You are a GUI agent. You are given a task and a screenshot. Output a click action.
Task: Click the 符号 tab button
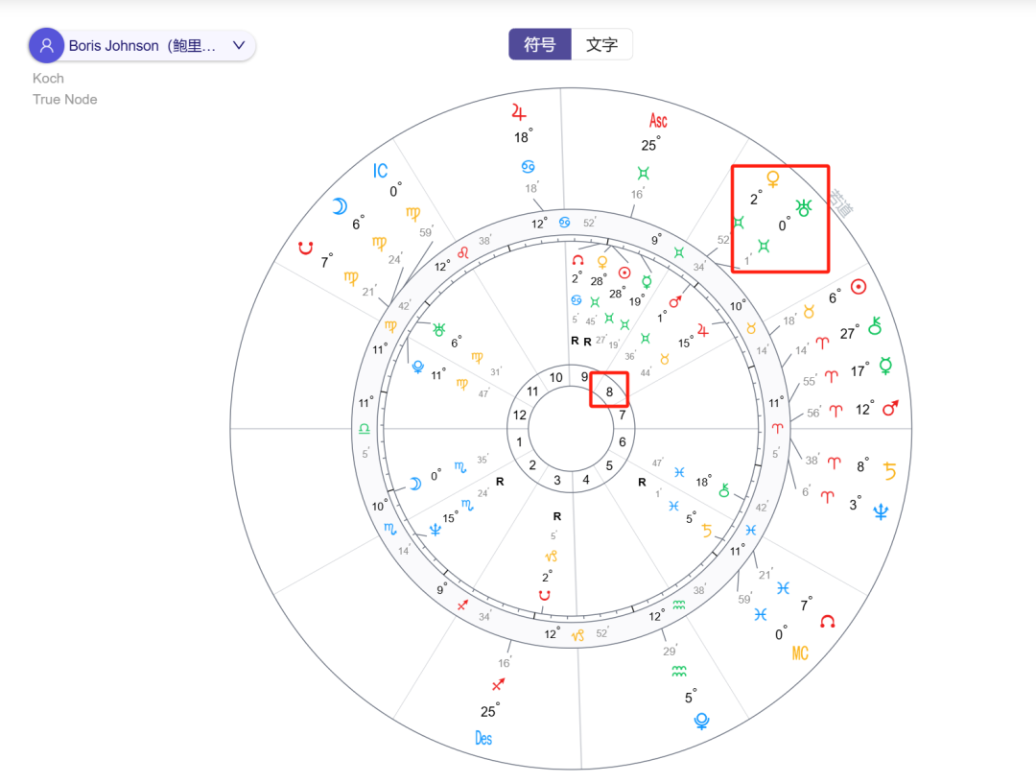click(x=540, y=45)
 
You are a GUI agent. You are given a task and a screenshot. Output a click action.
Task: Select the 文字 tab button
click(x=601, y=45)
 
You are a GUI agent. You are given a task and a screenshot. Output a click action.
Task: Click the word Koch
click(x=48, y=78)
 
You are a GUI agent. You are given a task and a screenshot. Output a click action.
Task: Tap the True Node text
click(x=64, y=99)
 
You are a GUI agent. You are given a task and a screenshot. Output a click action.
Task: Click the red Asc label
click(x=658, y=121)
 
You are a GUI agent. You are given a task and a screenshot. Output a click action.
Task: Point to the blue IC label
click(x=381, y=171)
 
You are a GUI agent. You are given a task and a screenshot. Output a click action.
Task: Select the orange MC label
click(x=800, y=653)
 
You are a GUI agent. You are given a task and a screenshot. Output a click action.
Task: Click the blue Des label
click(x=483, y=738)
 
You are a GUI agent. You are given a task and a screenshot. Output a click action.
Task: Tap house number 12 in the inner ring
click(x=520, y=415)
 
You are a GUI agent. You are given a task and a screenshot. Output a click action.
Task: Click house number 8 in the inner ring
click(x=610, y=391)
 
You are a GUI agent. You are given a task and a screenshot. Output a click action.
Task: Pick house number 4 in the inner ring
click(x=587, y=480)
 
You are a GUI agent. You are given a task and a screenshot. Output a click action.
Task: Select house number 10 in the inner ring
click(x=555, y=378)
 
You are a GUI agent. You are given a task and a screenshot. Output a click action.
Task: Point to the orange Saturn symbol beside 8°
click(x=890, y=470)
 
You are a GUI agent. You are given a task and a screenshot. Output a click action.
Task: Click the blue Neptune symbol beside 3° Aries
click(x=881, y=511)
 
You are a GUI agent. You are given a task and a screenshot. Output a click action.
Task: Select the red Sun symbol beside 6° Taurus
click(x=859, y=286)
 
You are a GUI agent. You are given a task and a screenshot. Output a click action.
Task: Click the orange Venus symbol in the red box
click(x=772, y=178)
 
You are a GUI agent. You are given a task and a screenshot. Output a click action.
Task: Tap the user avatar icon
click(x=46, y=45)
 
